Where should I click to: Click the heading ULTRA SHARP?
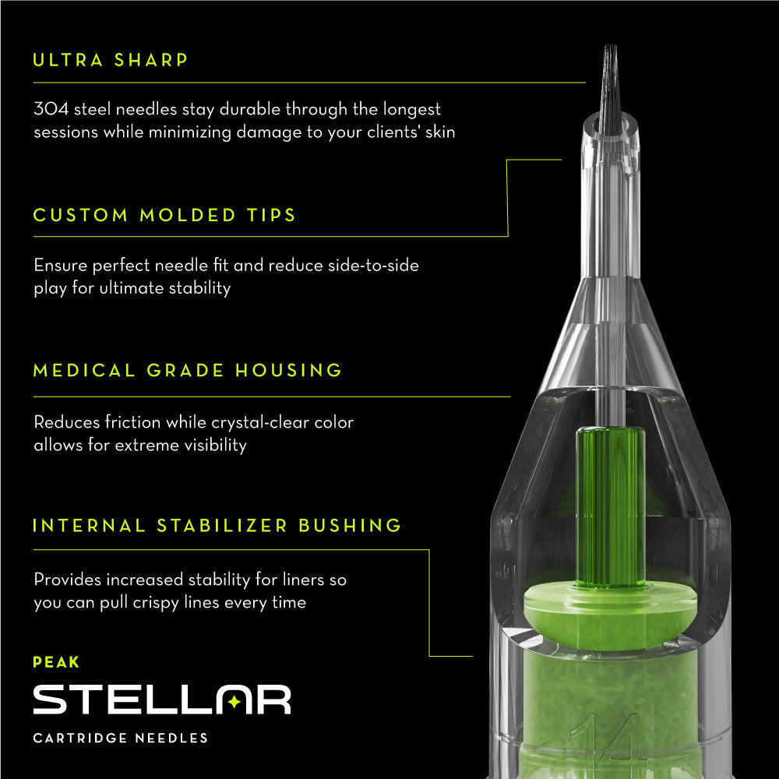[111, 60]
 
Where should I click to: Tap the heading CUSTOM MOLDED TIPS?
[164, 215]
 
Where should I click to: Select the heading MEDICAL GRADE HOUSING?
[188, 370]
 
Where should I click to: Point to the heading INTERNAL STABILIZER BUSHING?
[217, 525]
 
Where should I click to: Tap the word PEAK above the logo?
[56, 663]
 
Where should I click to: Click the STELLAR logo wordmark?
[161, 700]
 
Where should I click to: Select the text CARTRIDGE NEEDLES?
[121, 738]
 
